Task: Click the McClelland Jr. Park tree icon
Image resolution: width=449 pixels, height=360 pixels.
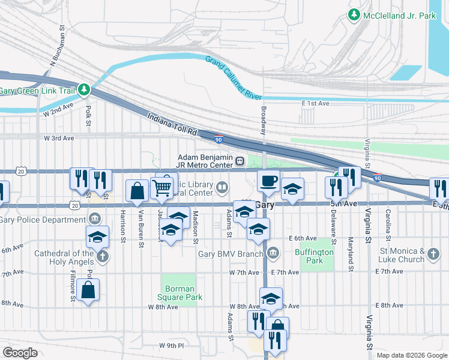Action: click(x=355, y=15)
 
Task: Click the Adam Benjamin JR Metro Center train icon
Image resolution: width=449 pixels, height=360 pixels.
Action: click(x=240, y=160)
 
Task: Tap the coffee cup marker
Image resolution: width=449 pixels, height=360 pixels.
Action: click(x=268, y=180)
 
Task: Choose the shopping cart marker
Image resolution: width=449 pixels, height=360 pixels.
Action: click(x=162, y=188)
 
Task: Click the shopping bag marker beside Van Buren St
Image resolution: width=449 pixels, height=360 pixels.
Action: click(x=137, y=190)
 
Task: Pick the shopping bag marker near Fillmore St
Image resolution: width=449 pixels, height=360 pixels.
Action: click(x=88, y=290)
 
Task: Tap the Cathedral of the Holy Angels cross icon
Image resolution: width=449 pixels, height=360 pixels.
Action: click(x=102, y=257)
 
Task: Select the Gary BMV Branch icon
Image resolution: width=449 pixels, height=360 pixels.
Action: click(x=273, y=253)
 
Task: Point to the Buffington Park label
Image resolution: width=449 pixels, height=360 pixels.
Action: click(x=314, y=256)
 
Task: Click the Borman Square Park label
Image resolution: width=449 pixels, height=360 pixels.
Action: click(x=180, y=293)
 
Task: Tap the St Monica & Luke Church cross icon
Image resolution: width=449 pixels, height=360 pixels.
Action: click(x=433, y=256)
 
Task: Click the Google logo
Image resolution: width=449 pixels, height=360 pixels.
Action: click(x=20, y=353)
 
